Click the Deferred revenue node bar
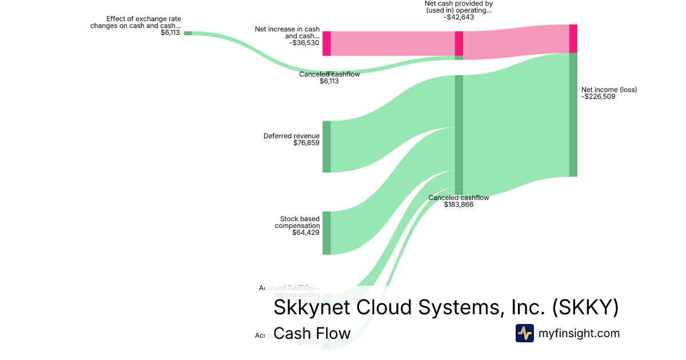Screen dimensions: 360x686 click(326, 146)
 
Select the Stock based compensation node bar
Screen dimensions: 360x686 click(326, 233)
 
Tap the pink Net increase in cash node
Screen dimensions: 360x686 click(326, 43)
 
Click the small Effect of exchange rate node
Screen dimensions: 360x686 click(188, 33)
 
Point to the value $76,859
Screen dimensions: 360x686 click(306, 143)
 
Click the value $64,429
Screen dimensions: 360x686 click(306, 233)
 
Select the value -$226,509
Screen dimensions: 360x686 click(599, 97)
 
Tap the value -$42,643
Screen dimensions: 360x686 click(458, 17)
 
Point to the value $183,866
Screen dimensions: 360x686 click(458, 204)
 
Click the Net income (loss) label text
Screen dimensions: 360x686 click(609, 90)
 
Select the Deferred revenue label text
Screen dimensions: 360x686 click(292, 136)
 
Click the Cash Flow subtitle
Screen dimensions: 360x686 click(312, 333)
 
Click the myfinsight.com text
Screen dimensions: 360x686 click(579, 333)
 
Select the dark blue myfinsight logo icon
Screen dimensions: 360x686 click(524, 333)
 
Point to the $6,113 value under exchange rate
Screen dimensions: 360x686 click(170, 33)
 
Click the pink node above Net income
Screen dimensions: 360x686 click(573, 38)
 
